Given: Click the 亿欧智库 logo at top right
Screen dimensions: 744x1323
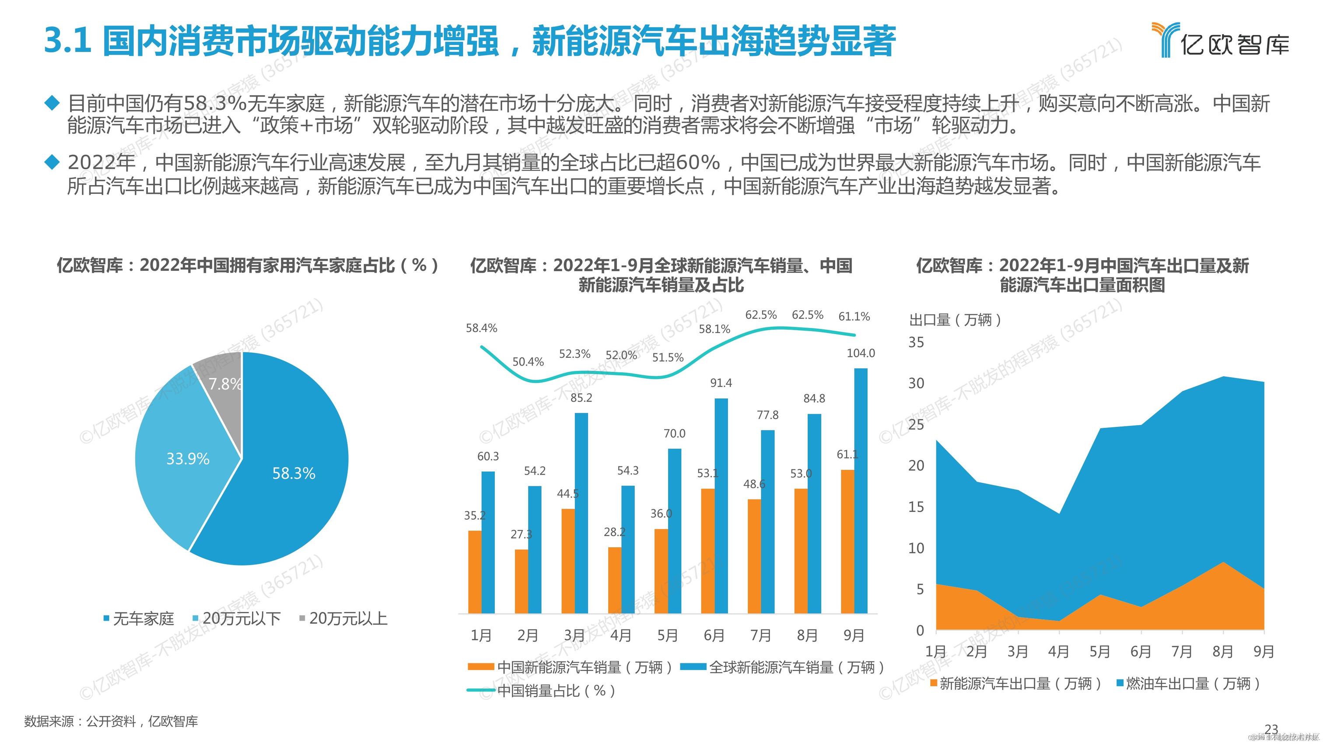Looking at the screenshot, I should click(1220, 40).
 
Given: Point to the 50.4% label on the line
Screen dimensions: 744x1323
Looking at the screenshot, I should click(528, 362).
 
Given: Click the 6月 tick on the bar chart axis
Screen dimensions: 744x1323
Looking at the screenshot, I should click(714, 636).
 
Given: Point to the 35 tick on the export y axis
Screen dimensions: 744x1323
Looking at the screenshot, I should click(916, 342).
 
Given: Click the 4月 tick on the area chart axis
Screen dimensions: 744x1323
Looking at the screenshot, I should click(1058, 652).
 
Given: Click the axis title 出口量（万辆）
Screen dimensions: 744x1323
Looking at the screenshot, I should click(955, 320).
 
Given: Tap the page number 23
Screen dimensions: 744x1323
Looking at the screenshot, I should click(1271, 730).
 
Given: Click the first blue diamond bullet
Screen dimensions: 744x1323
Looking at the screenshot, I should click(52, 103).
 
